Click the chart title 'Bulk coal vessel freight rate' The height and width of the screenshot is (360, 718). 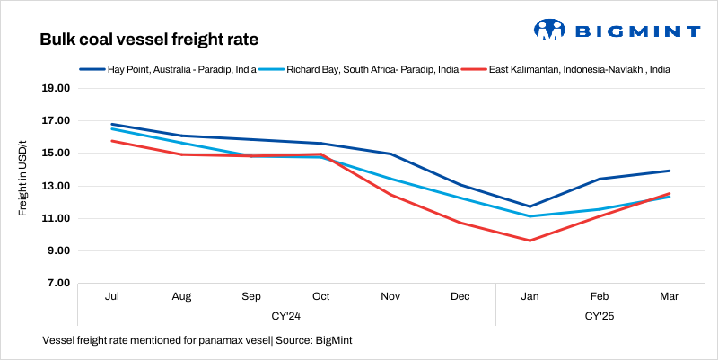(x=150, y=40)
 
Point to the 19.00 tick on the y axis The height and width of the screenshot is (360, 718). (x=56, y=89)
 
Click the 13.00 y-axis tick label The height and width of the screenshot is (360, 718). (x=56, y=186)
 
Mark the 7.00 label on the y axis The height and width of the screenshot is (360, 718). (x=58, y=284)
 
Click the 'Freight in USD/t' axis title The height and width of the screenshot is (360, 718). (x=23, y=171)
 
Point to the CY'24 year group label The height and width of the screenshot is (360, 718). (x=286, y=316)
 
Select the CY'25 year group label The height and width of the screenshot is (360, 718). (x=600, y=316)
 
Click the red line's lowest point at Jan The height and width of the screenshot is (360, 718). (x=530, y=241)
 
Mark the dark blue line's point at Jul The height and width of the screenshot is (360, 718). (x=113, y=124)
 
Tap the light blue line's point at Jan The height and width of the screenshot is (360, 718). (x=530, y=216)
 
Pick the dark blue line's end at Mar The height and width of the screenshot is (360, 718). (x=669, y=171)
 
